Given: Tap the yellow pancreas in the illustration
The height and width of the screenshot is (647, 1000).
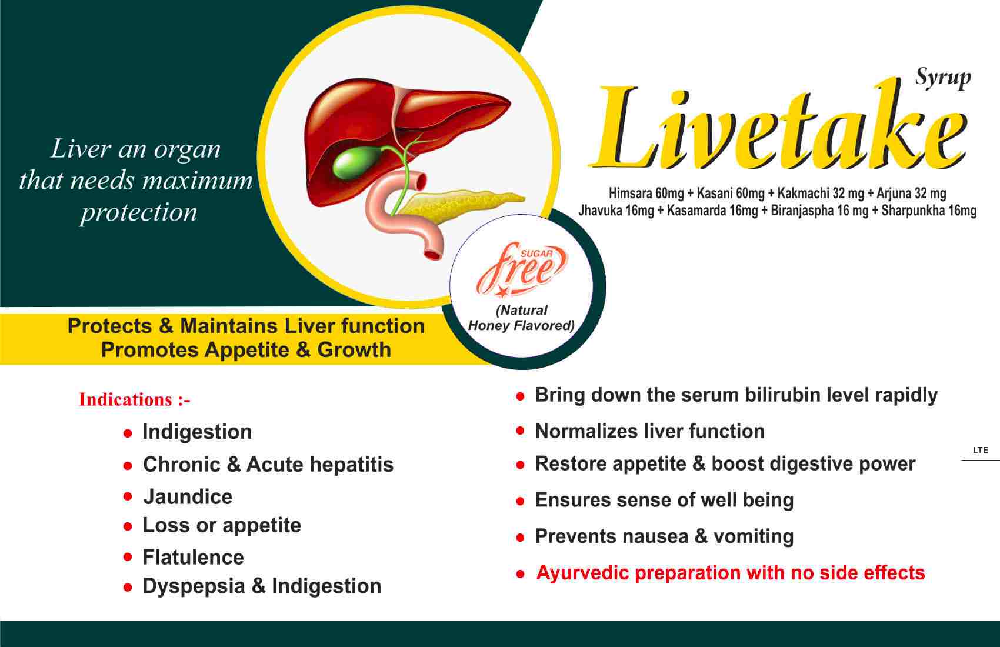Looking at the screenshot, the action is tap(460, 205).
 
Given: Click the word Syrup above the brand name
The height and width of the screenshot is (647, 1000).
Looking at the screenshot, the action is tap(943, 78).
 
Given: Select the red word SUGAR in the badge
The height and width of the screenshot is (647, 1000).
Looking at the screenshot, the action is tap(536, 254).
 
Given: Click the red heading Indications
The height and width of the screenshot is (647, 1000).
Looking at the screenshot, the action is tap(125, 399).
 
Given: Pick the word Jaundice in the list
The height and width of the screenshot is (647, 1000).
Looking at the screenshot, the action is tap(188, 496).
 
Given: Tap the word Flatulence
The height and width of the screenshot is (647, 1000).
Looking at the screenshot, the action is tap(194, 557).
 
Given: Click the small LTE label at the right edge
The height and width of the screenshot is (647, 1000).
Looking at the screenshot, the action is tap(981, 450).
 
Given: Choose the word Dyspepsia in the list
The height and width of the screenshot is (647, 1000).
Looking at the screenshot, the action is tap(194, 586).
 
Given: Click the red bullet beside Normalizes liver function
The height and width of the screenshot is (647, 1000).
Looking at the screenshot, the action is tap(520, 431).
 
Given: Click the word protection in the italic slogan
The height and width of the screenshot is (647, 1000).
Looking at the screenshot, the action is tap(139, 212).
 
